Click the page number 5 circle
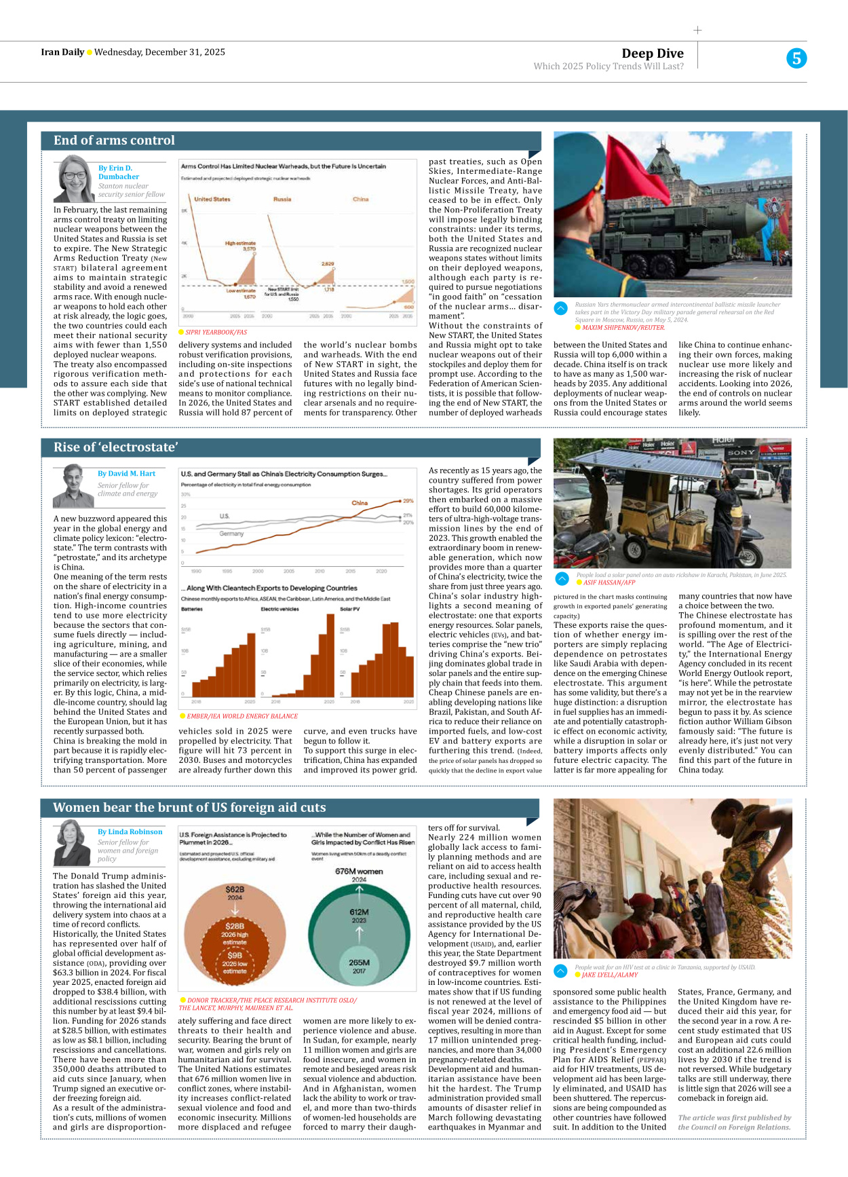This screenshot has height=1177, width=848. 796,58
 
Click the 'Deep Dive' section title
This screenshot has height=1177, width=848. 652,54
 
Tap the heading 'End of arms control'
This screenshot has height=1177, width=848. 114,141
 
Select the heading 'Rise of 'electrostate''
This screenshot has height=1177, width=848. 115,447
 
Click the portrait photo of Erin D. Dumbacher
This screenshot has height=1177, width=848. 75,179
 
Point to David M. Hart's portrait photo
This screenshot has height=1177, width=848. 74,485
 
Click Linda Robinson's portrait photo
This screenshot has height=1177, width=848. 73,842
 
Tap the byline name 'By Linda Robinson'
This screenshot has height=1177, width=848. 130,832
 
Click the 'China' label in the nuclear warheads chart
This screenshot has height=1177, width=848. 360,200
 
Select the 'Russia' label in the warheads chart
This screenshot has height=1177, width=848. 282,200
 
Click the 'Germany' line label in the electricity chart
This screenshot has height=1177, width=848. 231,534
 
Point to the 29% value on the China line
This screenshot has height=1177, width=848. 408,501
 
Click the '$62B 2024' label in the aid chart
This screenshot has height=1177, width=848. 235,892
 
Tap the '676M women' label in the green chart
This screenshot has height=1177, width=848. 359,872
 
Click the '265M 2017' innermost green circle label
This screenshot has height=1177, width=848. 359,965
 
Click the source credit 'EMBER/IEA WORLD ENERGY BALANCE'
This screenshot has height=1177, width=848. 242,716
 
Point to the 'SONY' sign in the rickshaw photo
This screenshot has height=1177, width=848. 741,452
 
